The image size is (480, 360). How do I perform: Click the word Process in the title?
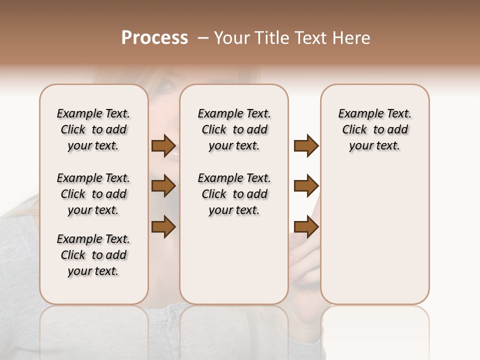154,38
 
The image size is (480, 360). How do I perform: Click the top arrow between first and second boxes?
163,146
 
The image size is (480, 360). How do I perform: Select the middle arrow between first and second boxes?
163,186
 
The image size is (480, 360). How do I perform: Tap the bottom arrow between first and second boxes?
163,227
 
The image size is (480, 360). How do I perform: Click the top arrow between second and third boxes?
306,146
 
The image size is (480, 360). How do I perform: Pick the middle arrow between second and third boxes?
306,186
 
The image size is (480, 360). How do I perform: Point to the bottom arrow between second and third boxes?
306,227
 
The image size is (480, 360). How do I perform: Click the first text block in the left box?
93,129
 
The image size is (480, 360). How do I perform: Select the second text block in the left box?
93,194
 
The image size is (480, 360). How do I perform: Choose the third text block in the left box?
93,255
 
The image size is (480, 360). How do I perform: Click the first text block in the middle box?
234,129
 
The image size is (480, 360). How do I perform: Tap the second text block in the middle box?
234,194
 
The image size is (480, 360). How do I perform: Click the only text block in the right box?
375,129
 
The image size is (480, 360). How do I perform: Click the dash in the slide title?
202,38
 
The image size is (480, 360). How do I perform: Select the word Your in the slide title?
231,38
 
